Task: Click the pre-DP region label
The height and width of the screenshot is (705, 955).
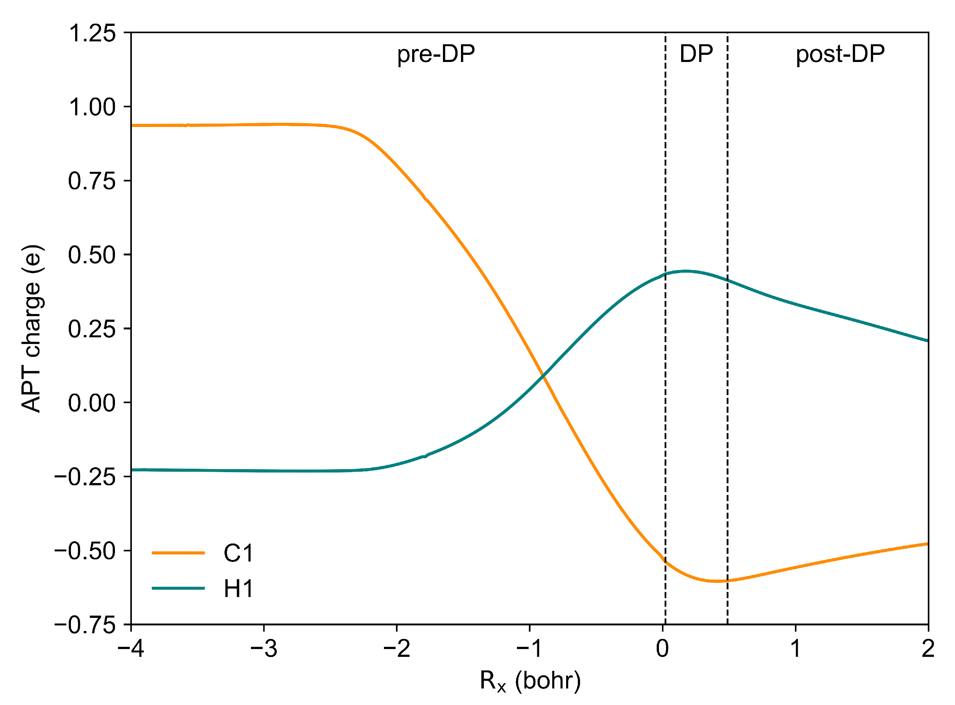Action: pyautogui.click(x=436, y=54)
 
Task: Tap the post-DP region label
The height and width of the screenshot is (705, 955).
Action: pyautogui.click(x=840, y=54)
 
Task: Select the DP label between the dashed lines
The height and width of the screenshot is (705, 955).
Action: pyautogui.click(x=696, y=54)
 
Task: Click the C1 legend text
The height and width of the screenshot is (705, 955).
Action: pyautogui.click(x=238, y=554)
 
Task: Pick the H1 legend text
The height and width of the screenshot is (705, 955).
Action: pyautogui.click(x=238, y=589)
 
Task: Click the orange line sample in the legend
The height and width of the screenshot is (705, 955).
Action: pyautogui.click(x=178, y=553)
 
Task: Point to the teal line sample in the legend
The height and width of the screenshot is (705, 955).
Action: pyautogui.click(x=178, y=589)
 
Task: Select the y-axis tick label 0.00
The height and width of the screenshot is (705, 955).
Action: pyautogui.click(x=92, y=403)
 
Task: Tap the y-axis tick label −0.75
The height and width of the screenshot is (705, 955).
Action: pyautogui.click(x=85, y=626)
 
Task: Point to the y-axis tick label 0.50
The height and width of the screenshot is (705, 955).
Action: pyautogui.click(x=92, y=255)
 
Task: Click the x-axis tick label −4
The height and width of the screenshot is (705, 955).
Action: pyautogui.click(x=131, y=649)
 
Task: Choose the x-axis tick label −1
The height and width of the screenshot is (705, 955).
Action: pyautogui.click(x=529, y=649)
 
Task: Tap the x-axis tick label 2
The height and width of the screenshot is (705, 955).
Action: pyautogui.click(x=928, y=649)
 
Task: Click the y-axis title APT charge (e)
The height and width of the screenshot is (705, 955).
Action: pyautogui.click(x=32, y=329)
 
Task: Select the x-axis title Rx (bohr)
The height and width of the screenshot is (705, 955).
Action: pyautogui.click(x=530, y=680)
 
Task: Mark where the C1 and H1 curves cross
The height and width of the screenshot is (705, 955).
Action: pyautogui.click(x=542, y=376)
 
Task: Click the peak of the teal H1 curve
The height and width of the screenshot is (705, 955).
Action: pyautogui.click(x=685, y=271)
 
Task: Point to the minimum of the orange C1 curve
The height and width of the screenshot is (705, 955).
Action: pyautogui.click(x=717, y=581)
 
